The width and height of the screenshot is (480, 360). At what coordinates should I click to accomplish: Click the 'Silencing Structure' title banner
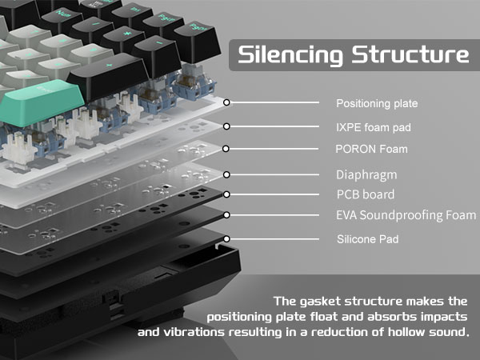click(x=353, y=55)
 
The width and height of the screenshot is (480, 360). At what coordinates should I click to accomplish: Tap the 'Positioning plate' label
click(x=376, y=104)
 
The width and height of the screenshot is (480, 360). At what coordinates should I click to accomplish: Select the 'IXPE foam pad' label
click(x=374, y=126)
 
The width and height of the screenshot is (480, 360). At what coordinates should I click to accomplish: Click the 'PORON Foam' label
click(x=370, y=149)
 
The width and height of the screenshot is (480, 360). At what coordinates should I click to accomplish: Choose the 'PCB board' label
click(x=365, y=194)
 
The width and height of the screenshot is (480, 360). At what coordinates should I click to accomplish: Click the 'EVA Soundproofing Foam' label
click(x=406, y=215)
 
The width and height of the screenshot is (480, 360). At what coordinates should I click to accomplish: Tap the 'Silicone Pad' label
click(x=366, y=238)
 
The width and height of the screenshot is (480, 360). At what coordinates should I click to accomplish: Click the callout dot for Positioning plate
click(x=227, y=102)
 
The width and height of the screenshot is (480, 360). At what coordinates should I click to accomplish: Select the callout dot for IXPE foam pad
click(x=227, y=126)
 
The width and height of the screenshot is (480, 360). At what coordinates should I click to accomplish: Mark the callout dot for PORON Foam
click(x=227, y=149)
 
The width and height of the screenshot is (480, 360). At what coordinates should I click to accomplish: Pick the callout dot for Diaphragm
click(x=227, y=173)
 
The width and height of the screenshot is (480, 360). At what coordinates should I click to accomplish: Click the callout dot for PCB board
click(x=227, y=194)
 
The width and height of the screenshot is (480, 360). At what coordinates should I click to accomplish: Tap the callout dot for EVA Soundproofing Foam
click(x=227, y=214)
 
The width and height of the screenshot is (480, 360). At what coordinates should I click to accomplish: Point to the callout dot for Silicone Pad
click(x=227, y=238)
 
